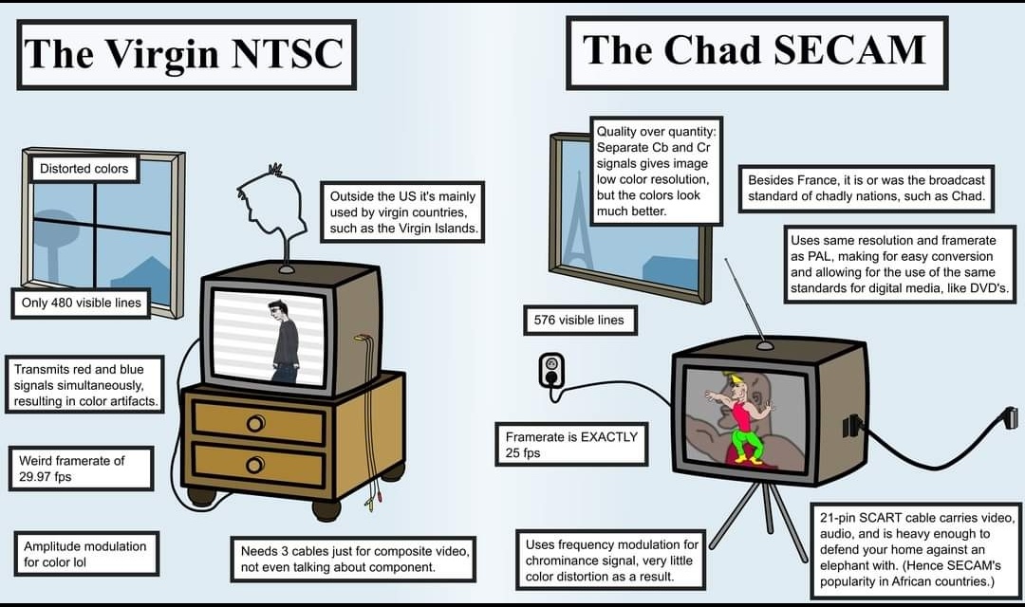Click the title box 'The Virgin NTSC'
[x=186, y=54]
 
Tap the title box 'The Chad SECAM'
[x=757, y=52]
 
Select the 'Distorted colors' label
[x=84, y=169]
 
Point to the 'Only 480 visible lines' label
[x=81, y=303]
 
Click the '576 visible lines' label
[x=579, y=321]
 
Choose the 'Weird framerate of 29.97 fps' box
[x=81, y=469]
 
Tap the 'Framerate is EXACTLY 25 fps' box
[x=571, y=444]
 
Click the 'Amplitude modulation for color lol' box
[x=85, y=554]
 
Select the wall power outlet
[x=551, y=371]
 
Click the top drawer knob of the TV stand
[x=255, y=424]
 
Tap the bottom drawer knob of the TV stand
[x=255, y=466]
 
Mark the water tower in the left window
[x=53, y=243]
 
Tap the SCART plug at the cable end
[x=1010, y=417]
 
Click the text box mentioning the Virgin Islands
[x=402, y=212]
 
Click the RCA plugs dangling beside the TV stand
[x=368, y=503]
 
